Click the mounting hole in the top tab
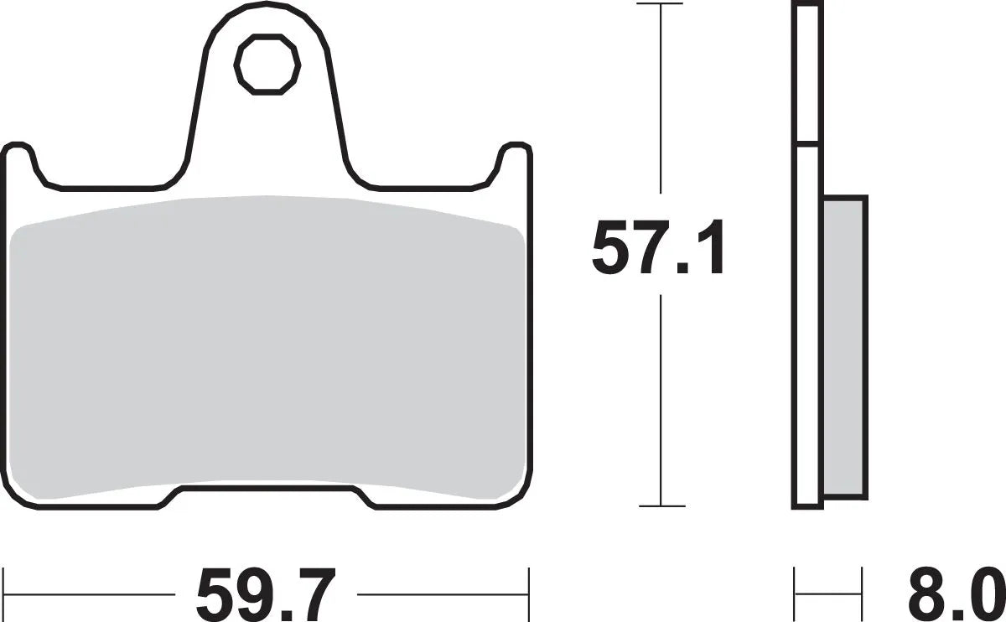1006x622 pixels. [x=267, y=62]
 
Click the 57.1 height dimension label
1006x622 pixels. [x=657, y=249]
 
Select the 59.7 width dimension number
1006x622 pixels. [x=266, y=593]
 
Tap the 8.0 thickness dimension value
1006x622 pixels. [x=954, y=593]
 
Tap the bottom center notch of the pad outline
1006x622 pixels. [x=267, y=494]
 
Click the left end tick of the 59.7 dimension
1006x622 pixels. [x=5, y=582]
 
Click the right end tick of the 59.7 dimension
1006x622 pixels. [x=528, y=582]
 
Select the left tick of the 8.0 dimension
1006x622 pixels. [x=795, y=582]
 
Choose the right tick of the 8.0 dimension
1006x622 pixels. [x=862, y=582]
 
